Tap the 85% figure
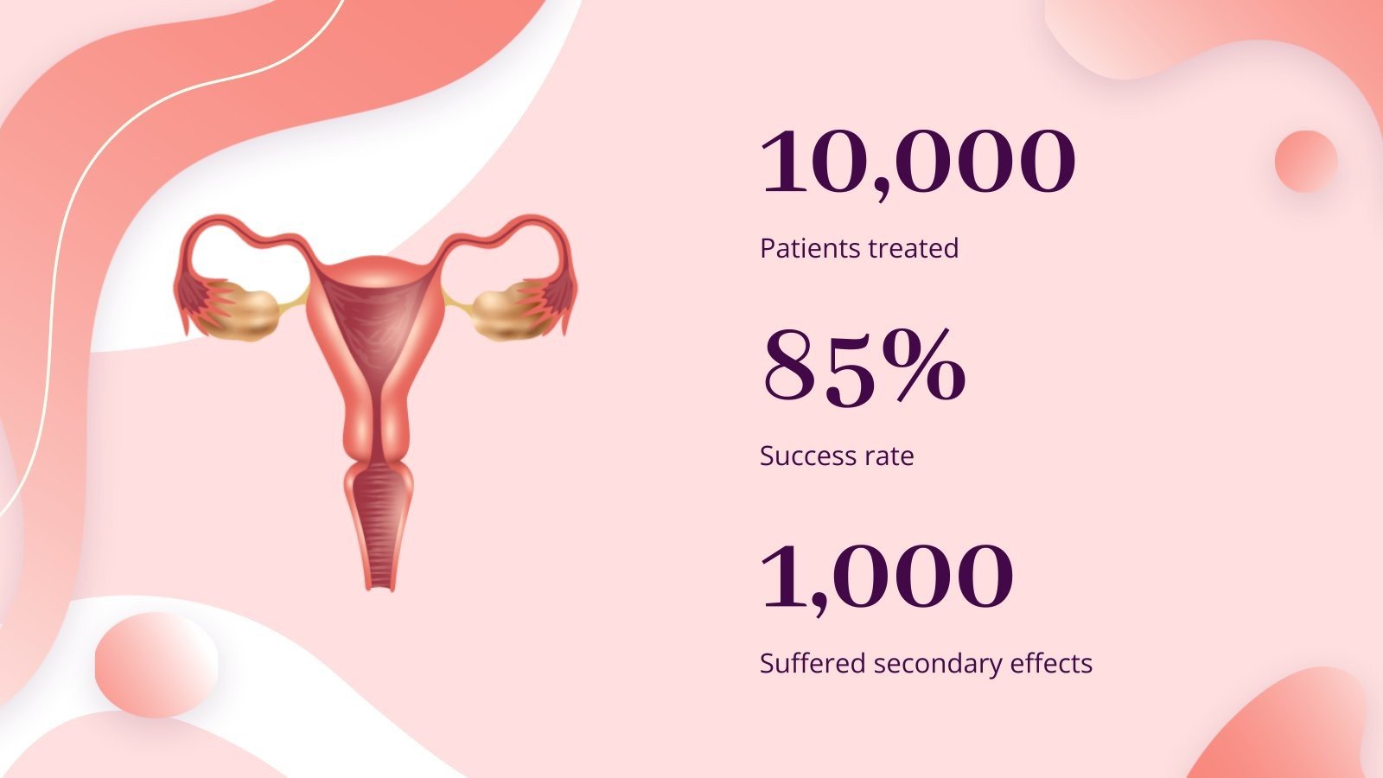click(x=862, y=369)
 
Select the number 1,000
click(x=886, y=577)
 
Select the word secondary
click(x=926, y=664)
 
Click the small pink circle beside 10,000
click(x=1305, y=162)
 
